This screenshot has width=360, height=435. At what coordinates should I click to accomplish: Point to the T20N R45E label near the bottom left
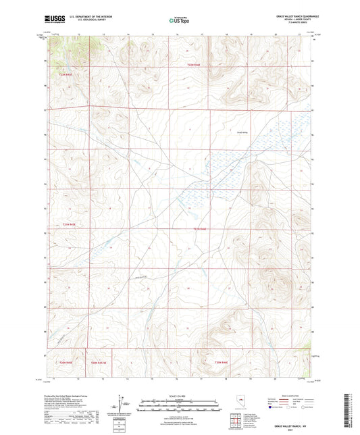pos(59,363)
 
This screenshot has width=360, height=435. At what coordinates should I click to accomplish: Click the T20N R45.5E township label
pos(99,363)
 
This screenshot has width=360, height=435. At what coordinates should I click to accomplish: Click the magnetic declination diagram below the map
pos(122,404)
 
